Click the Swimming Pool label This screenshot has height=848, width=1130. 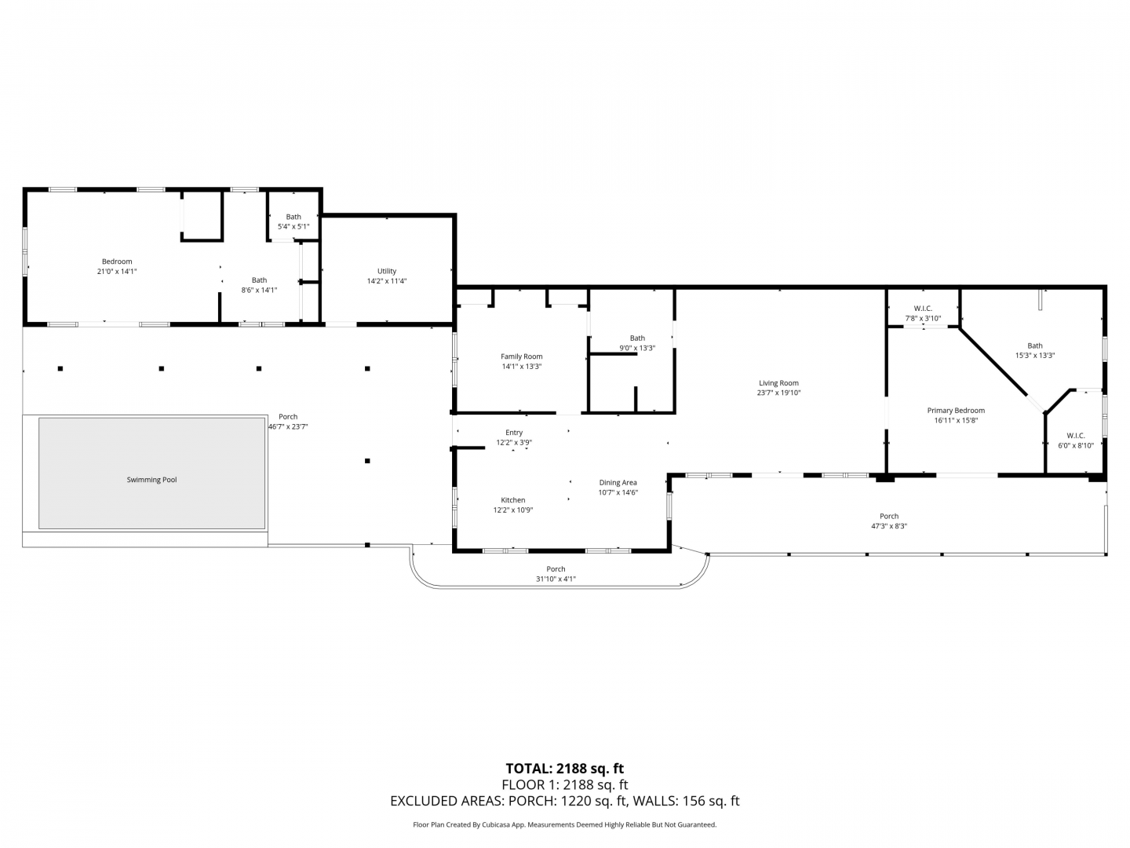pyautogui.click(x=151, y=479)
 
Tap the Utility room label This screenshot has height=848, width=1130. pyautogui.click(x=387, y=271)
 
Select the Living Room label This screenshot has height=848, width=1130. pyautogui.click(x=778, y=383)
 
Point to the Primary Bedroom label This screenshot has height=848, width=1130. pyautogui.click(x=956, y=411)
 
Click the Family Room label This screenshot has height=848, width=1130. pyautogui.click(x=522, y=356)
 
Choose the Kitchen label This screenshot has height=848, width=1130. pyautogui.click(x=512, y=500)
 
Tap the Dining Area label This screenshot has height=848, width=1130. pyautogui.click(x=618, y=482)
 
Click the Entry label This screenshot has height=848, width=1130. pyautogui.click(x=514, y=433)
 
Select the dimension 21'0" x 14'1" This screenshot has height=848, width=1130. pyautogui.click(x=117, y=272)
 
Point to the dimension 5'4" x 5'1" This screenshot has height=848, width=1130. pyautogui.click(x=293, y=227)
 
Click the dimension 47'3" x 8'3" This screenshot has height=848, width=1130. pyautogui.click(x=888, y=526)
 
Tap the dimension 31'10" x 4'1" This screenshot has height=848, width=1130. pyautogui.click(x=556, y=579)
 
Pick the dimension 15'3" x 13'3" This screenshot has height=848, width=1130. pyautogui.click(x=1035, y=355)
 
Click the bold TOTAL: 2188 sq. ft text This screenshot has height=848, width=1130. pyautogui.click(x=564, y=769)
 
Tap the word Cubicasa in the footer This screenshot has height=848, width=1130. pyautogui.click(x=497, y=824)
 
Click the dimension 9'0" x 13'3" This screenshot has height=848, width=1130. pyautogui.click(x=637, y=348)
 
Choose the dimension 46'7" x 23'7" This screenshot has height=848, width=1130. pyautogui.click(x=288, y=426)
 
